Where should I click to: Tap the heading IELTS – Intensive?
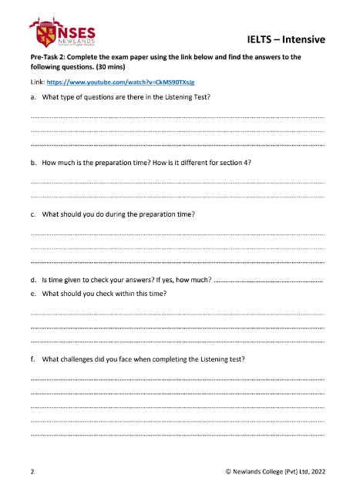click(287, 39)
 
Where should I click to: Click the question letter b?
click(32, 164)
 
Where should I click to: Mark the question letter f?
click(32, 360)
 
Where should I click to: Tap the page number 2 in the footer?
click(32, 470)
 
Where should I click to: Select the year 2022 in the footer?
click(316, 470)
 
